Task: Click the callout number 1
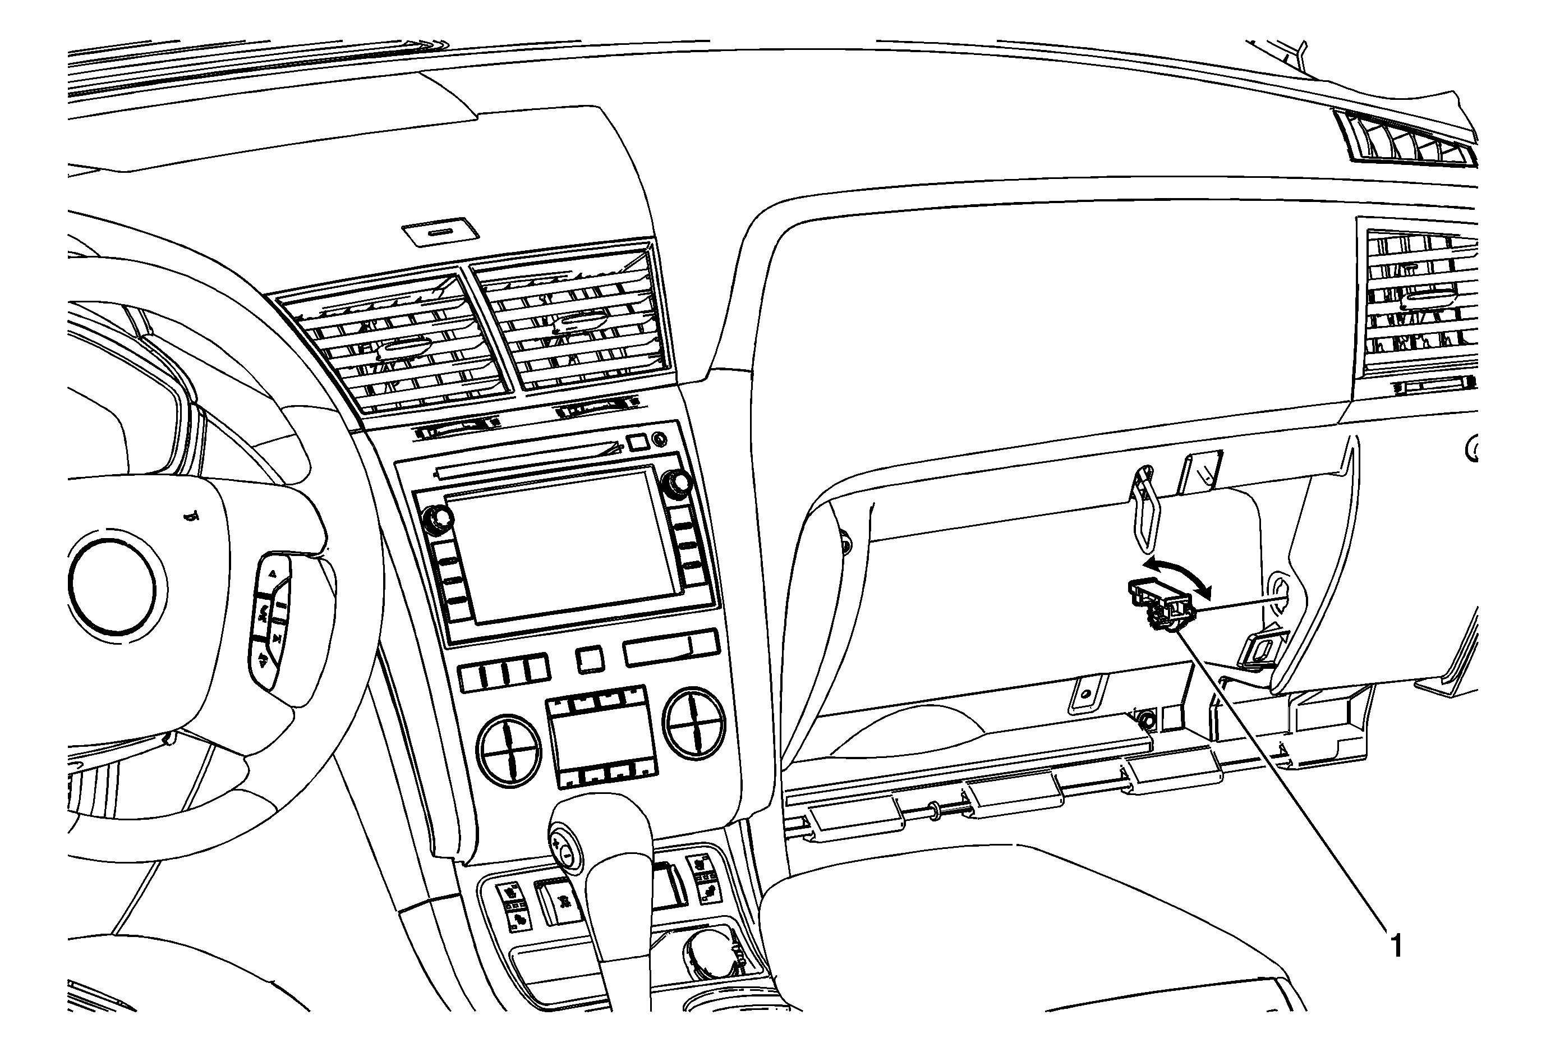(x=1396, y=945)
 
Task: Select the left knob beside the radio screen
(x=437, y=519)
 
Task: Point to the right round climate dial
(x=696, y=722)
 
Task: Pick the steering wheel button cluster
(x=272, y=619)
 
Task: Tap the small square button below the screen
(x=590, y=659)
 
